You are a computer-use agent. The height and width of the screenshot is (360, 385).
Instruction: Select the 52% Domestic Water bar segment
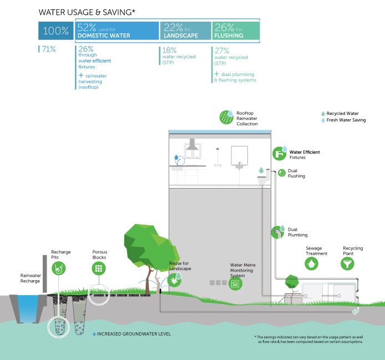(x=116, y=31)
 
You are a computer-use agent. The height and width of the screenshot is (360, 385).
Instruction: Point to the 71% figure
(x=48, y=49)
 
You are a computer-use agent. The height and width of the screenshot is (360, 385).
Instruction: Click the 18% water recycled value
(x=169, y=50)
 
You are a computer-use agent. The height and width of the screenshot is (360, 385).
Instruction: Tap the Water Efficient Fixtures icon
(x=279, y=154)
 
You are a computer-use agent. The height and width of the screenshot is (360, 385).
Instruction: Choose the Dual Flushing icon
(x=281, y=173)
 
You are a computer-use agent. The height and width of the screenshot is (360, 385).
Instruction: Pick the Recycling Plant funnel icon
(x=348, y=263)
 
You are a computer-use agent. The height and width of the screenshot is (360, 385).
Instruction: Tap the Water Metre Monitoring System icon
(x=235, y=284)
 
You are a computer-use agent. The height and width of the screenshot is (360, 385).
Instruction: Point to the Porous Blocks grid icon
(x=99, y=268)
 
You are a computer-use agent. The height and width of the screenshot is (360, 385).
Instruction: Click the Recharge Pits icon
(x=58, y=268)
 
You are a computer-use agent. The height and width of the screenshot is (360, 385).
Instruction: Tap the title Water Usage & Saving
(x=87, y=11)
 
